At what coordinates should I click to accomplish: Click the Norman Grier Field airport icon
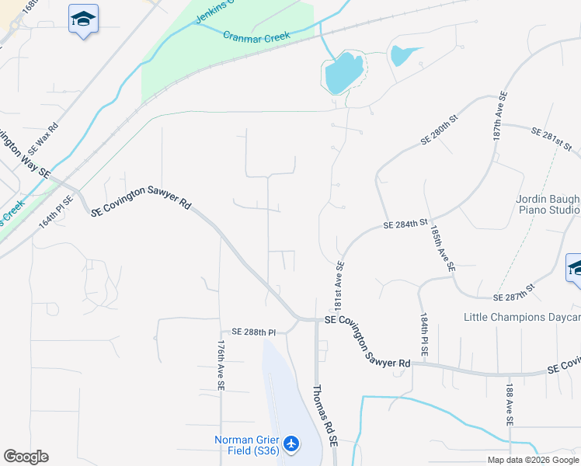point(291,443)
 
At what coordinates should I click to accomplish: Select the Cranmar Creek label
point(256,36)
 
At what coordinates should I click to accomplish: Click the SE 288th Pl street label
point(249,332)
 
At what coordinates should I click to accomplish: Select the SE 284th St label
point(405,225)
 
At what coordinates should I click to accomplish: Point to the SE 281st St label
point(551,140)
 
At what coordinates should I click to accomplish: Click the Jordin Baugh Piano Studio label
point(548,204)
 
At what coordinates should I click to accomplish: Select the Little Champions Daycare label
point(522,317)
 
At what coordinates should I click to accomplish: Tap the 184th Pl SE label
point(424,335)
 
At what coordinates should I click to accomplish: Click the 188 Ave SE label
point(510,405)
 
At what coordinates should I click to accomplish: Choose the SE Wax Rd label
point(43,137)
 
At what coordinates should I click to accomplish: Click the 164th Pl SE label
point(55,210)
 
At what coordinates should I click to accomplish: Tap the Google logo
point(26,457)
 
